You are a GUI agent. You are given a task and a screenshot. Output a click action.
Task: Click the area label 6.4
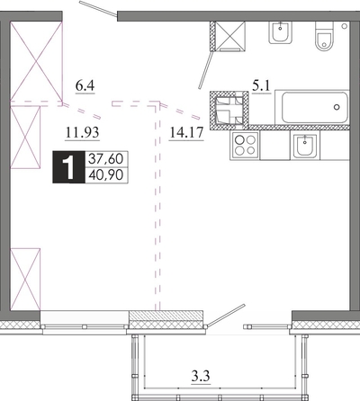coord(85,86)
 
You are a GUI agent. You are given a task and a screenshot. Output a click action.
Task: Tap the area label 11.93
coord(82,132)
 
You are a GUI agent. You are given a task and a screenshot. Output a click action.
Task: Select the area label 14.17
coord(186,132)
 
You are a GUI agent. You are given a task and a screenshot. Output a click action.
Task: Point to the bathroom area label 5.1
coord(261,86)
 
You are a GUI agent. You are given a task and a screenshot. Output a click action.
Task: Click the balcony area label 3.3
coord(201,376)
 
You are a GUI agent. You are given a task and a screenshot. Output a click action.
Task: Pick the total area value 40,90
coord(106,175)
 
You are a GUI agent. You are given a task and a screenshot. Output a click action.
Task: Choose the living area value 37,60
coord(106,158)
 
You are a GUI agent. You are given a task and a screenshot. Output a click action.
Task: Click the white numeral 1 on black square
coord(69,167)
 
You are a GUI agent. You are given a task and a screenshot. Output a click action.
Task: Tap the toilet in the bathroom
coord(324,36)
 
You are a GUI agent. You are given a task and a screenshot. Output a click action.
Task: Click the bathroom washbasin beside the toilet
coord(281,32)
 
